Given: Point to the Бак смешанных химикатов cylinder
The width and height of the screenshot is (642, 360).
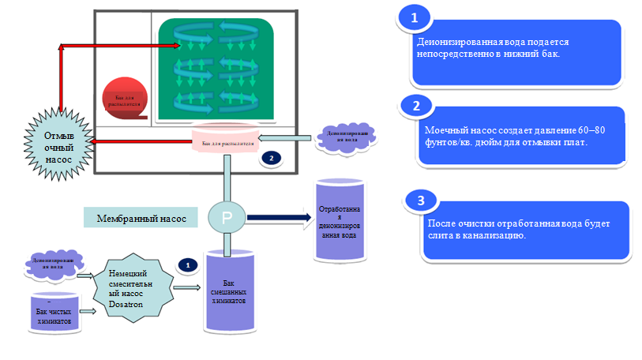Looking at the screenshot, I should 229,292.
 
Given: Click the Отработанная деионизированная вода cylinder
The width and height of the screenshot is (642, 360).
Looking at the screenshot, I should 340,220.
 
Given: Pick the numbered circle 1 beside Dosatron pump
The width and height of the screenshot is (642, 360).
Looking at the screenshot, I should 187,265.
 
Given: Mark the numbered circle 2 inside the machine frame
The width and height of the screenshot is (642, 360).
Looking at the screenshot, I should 271,158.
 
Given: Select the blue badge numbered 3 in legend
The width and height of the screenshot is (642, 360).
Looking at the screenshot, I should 418,200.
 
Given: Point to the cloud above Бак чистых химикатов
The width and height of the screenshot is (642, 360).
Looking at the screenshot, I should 54,263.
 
